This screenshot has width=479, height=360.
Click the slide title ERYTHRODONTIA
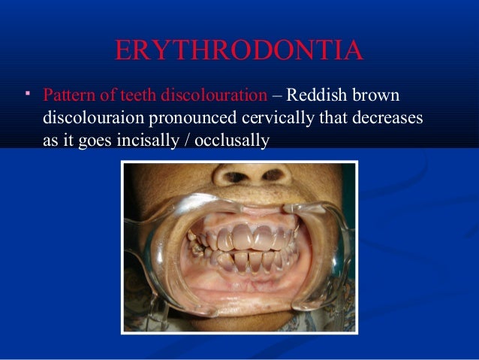coord(239,50)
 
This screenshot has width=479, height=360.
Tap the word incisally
coord(143,140)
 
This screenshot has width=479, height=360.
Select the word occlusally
coord(230,140)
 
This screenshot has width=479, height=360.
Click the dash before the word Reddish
coord(276,96)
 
